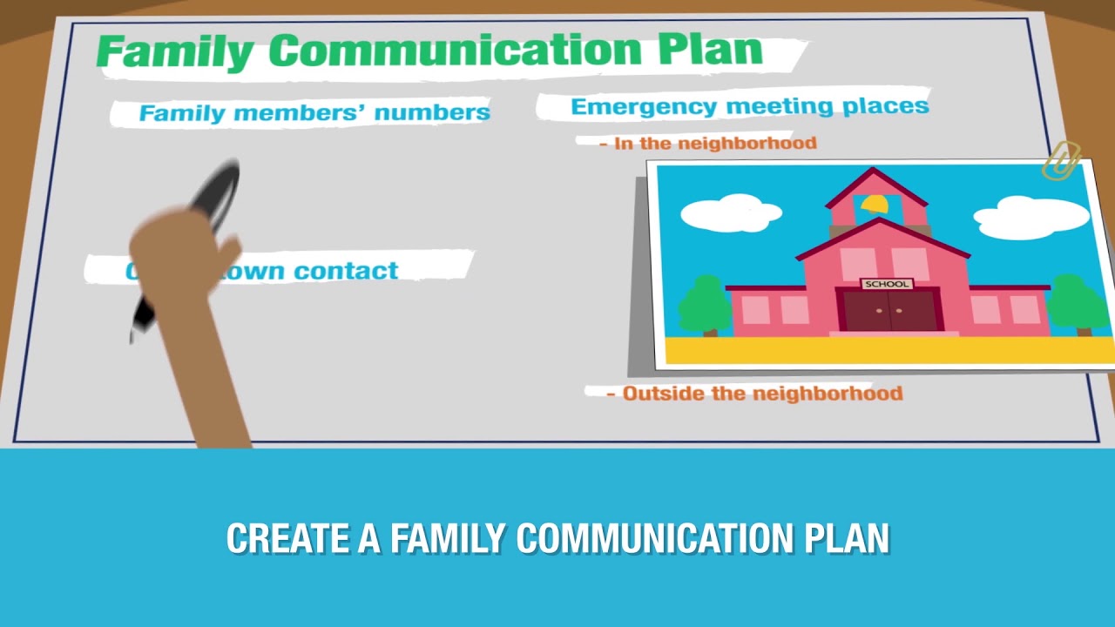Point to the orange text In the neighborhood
point(715,143)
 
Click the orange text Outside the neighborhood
point(762,394)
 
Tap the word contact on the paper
point(346,271)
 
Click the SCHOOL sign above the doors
point(887,284)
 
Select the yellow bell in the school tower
point(874,205)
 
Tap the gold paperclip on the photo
point(1060,161)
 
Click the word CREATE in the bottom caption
point(287,539)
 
